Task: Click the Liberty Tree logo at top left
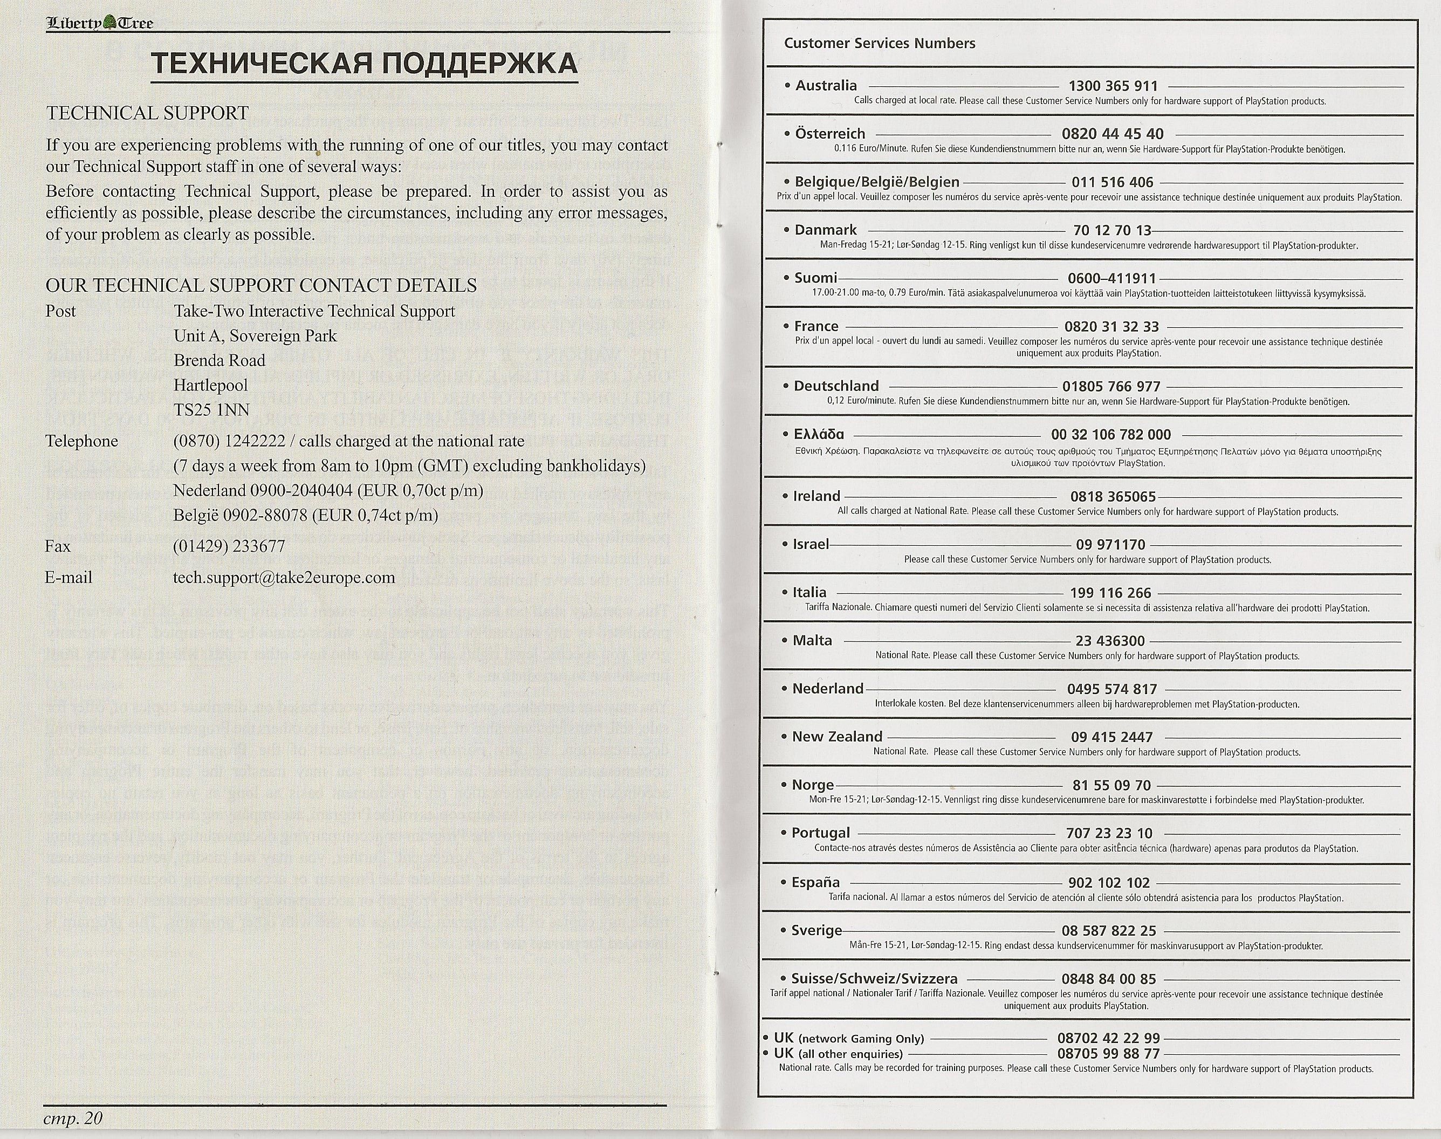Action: [x=99, y=23]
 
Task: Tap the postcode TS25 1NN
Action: [x=211, y=409]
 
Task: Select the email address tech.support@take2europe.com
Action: [x=284, y=578]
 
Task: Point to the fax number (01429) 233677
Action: [x=229, y=546]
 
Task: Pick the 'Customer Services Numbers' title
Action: [x=879, y=43]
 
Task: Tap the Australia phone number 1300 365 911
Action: [x=1113, y=86]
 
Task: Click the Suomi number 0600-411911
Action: [x=1111, y=278]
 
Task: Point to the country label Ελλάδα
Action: [x=819, y=435]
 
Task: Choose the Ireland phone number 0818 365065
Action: [x=1113, y=497]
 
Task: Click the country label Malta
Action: [x=812, y=641]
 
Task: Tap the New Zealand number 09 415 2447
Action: [x=1111, y=737]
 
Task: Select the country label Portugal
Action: [x=820, y=833]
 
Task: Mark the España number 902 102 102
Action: [x=1109, y=883]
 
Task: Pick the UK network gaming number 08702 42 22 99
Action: [x=1108, y=1038]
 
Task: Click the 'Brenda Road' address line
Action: [x=219, y=361]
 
